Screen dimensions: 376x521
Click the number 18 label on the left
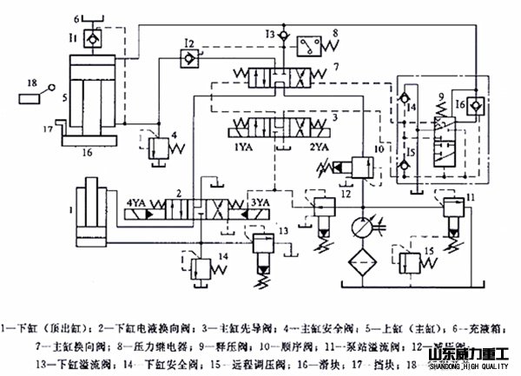32,82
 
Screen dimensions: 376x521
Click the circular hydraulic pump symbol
357,228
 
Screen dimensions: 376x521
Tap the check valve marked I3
277,33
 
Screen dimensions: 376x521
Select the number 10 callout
379,149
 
